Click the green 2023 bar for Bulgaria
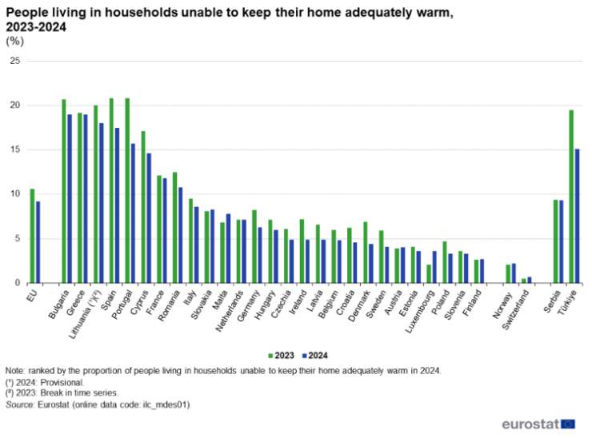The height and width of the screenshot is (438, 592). pos(64,191)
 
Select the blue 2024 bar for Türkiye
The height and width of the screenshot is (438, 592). pos(576,216)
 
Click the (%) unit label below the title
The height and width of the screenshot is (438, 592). pos(14,42)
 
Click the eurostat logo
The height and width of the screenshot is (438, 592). pos(538,424)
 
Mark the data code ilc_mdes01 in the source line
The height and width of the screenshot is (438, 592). pos(166,405)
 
